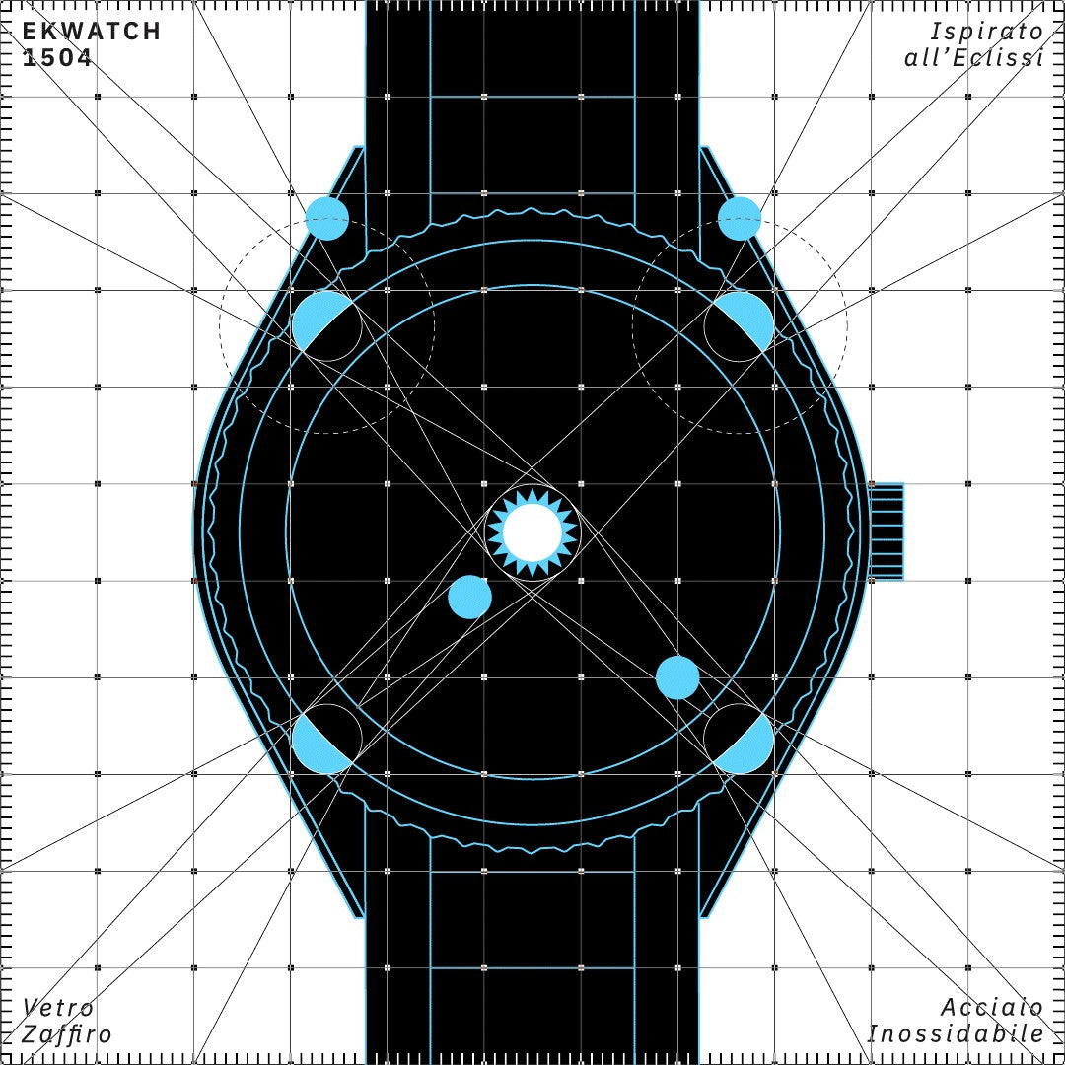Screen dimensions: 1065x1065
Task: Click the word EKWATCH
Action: click(x=91, y=32)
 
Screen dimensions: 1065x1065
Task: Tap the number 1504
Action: click(x=57, y=58)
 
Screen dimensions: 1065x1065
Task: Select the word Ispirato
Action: click(x=986, y=32)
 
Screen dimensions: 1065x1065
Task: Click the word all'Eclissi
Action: click(x=974, y=58)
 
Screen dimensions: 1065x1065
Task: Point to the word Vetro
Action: click(x=58, y=1007)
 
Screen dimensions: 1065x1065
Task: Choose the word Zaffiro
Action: click(x=67, y=1034)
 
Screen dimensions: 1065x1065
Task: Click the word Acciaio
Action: click(x=992, y=1007)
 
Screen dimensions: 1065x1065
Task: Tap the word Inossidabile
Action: click(x=956, y=1033)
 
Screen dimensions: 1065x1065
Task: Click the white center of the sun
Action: click(x=532, y=532)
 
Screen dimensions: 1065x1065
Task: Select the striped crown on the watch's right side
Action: click(x=887, y=532)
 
